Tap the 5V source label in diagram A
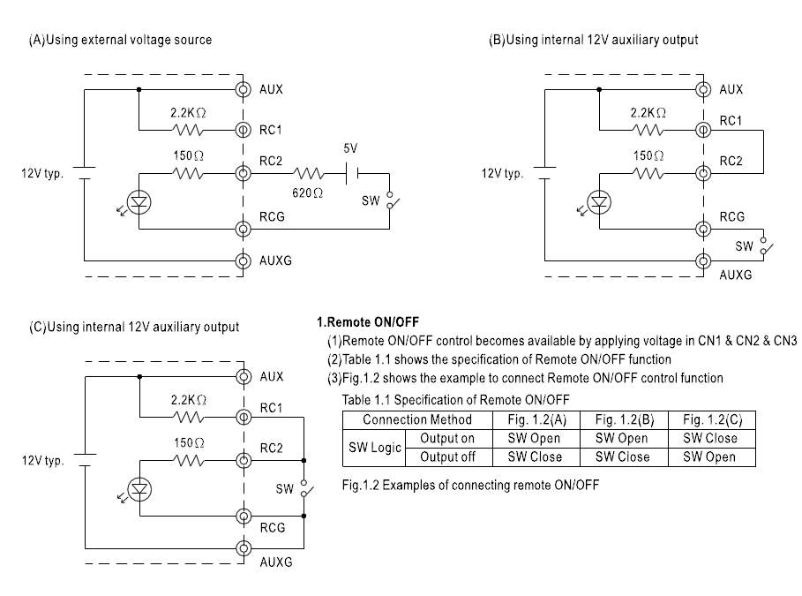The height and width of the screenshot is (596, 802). click(351, 150)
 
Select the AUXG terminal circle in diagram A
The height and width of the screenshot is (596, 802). click(242, 260)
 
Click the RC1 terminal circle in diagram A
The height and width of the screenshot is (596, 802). click(242, 131)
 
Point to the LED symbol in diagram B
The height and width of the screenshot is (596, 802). click(599, 202)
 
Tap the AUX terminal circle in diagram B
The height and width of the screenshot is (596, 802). click(702, 89)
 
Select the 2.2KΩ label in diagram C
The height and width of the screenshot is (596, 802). click(188, 400)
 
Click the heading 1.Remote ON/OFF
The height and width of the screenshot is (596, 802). click(367, 322)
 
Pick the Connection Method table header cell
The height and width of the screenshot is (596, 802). click(417, 419)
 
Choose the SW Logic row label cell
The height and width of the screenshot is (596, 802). click(372, 448)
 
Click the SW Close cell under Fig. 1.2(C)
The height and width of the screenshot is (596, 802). click(711, 438)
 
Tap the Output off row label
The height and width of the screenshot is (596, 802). click(447, 457)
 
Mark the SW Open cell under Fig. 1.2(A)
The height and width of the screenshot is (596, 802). click(536, 438)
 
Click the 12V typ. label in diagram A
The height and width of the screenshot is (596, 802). click(42, 174)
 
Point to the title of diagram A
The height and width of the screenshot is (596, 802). click(121, 40)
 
